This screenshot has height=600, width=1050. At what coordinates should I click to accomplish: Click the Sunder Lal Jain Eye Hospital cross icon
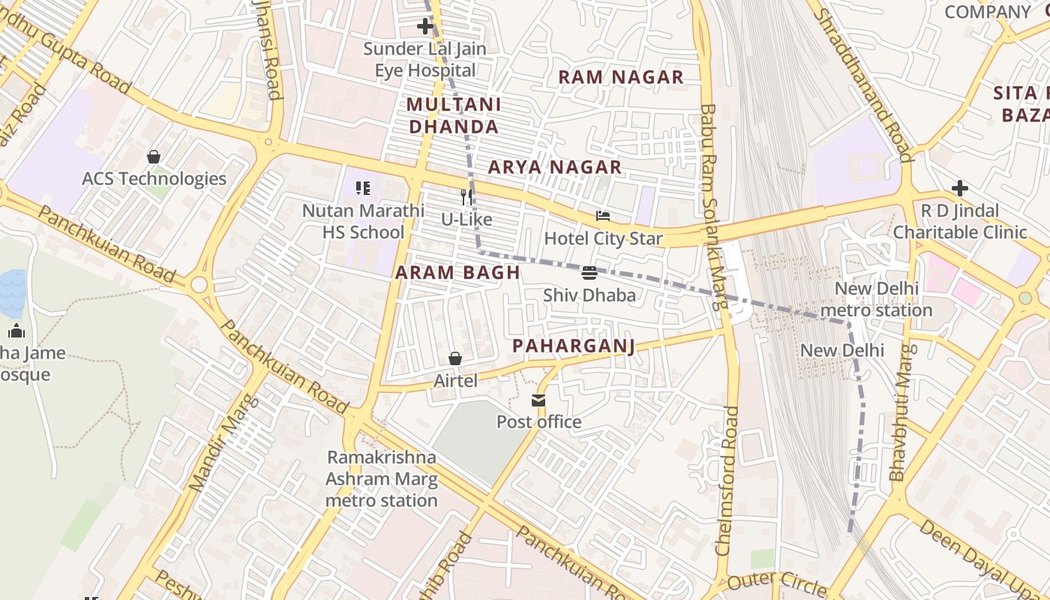(x=425, y=27)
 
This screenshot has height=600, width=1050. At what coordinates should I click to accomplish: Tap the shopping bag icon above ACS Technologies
(x=154, y=157)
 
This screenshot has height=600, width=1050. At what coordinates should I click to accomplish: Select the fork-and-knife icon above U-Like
(x=466, y=197)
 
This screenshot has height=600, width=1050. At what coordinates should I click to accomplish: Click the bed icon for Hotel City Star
(x=603, y=217)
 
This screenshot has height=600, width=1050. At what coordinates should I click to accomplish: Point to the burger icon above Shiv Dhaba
(x=589, y=273)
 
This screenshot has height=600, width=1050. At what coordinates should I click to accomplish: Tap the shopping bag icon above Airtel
(x=455, y=358)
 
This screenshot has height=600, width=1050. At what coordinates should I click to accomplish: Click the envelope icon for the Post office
(x=538, y=400)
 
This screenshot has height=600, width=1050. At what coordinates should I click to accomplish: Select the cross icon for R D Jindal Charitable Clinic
(x=959, y=188)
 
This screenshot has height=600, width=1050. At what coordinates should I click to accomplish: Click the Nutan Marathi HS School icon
(x=363, y=188)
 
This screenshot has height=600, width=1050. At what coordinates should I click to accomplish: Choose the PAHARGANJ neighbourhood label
(x=574, y=346)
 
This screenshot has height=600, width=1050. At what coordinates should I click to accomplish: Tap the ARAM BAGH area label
(x=457, y=273)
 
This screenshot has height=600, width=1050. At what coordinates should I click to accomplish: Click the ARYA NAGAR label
(x=555, y=167)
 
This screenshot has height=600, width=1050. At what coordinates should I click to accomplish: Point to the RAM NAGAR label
(x=621, y=77)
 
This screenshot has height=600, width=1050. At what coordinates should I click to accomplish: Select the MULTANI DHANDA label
(x=454, y=115)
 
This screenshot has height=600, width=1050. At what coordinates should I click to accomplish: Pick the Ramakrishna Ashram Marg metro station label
(x=381, y=478)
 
